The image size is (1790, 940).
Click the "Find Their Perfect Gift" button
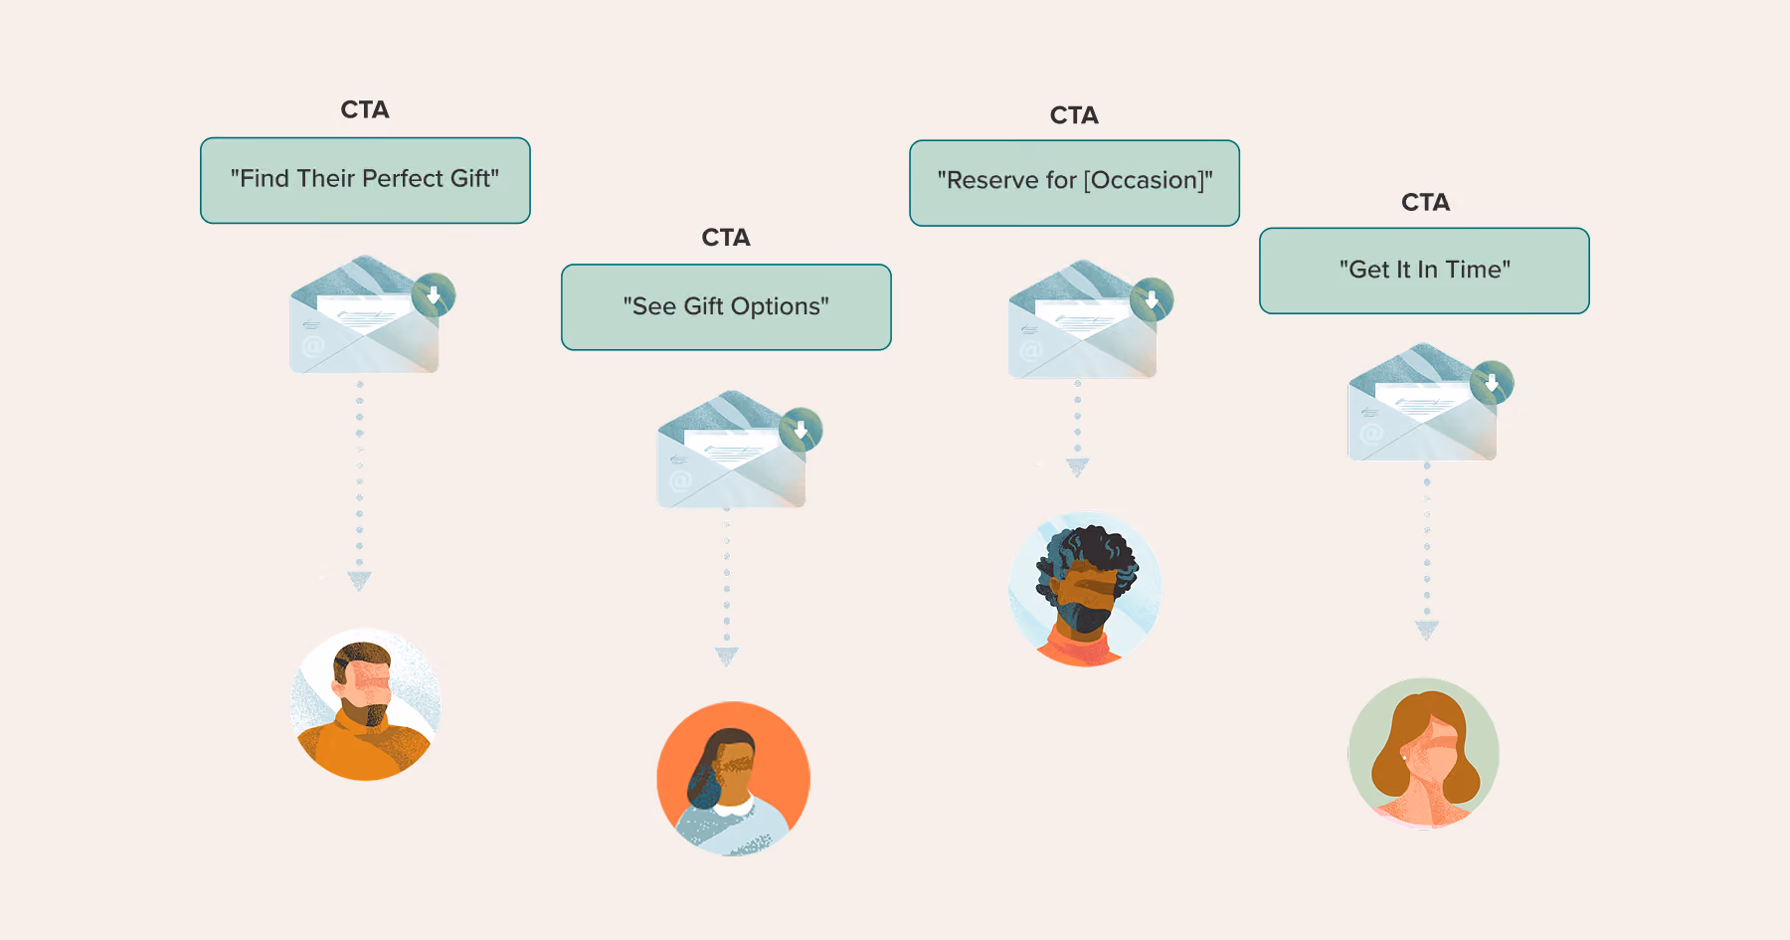point(365,180)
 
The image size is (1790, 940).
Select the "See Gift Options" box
point(726,307)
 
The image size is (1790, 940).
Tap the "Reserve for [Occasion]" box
point(1074,183)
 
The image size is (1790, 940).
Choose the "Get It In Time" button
point(1424,271)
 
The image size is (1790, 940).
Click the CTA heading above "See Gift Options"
point(726,238)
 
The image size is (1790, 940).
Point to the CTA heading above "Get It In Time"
point(1425,203)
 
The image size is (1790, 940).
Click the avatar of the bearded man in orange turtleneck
point(365,704)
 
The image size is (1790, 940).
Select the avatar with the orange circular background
point(733,778)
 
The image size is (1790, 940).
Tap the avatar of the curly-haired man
point(1084,589)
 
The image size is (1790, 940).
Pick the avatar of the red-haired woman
point(1423,753)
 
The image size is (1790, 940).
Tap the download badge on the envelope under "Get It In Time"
point(1492,382)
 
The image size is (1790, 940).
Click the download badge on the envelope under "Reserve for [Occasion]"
point(1152,299)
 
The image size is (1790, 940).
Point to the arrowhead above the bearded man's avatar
point(359,581)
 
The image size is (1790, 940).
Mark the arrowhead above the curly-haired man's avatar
point(1078,468)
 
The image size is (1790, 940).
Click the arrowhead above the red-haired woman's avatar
point(1427,630)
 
